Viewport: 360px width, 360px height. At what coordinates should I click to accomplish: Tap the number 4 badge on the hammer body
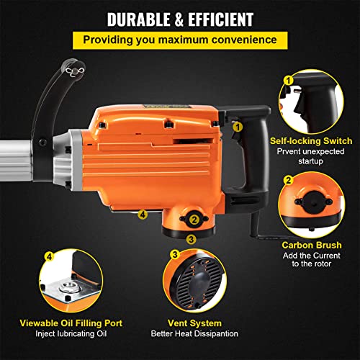click(143, 213)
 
